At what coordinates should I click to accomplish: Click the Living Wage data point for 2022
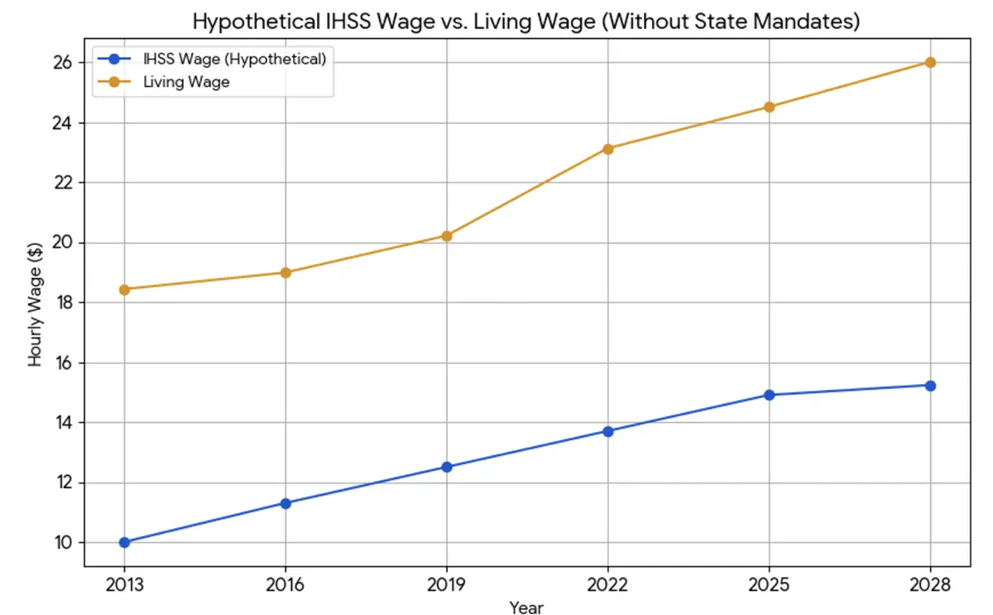(x=608, y=149)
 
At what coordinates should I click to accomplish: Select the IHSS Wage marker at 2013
(x=124, y=542)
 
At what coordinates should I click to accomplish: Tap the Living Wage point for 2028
(x=930, y=62)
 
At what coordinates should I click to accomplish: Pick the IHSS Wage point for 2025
(x=770, y=395)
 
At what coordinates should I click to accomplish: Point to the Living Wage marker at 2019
(x=447, y=236)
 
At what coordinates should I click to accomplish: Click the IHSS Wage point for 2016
(x=285, y=503)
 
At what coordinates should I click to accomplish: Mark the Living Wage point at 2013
(x=124, y=289)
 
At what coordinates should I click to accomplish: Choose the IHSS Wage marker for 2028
(x=930, y=386)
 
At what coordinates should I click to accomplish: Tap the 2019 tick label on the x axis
(x=447, y=586)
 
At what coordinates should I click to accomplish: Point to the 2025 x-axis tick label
(x=770, y=586)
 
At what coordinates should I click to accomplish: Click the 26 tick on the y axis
(x=65, y=63)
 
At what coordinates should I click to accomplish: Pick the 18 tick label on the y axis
(x=65, y=303)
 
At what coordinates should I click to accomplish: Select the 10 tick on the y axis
(x=65, y=543)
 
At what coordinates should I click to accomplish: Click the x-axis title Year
(x=526, y=608)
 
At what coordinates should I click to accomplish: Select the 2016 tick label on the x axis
(x=285, y=586)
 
